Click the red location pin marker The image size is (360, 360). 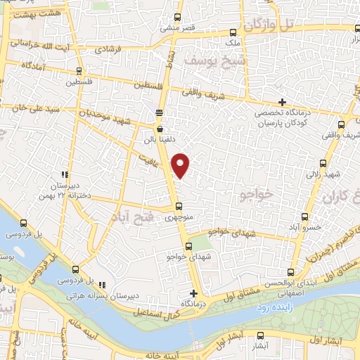(181, 165)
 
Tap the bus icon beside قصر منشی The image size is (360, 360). (178, 17)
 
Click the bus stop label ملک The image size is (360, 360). (231, 42)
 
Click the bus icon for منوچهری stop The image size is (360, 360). (179, 207)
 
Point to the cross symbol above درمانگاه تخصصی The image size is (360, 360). (282, 102)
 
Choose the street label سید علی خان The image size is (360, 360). (27, 108)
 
